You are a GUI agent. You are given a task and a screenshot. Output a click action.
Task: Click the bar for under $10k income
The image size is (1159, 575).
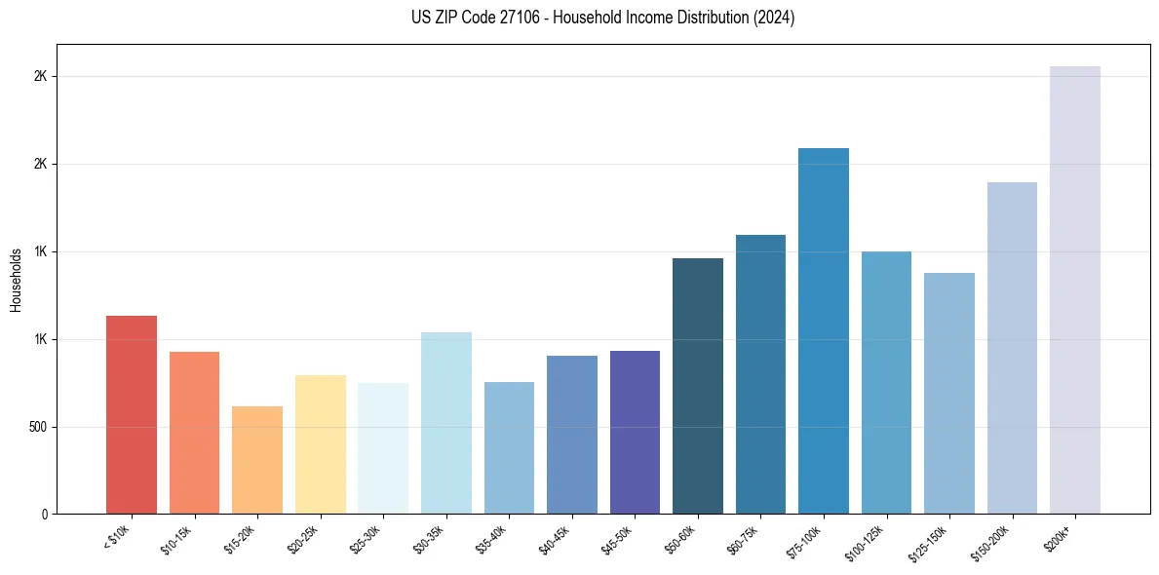coord(132,414)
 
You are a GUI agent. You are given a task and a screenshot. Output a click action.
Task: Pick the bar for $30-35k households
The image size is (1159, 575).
coord(446,423)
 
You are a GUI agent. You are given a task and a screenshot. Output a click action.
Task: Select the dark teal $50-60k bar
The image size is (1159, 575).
coord(698,386)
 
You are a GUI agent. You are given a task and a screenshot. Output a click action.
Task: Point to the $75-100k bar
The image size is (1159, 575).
coord(824,330)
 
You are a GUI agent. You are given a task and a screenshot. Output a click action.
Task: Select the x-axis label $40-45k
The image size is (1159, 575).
coord(556,538)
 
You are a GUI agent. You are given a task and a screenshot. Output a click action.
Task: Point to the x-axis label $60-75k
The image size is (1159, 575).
coord(745,538)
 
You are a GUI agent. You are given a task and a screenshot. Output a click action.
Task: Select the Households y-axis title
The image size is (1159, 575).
coord(16,280)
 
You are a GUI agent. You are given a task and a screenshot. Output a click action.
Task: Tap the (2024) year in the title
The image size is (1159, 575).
coord(774,18)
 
